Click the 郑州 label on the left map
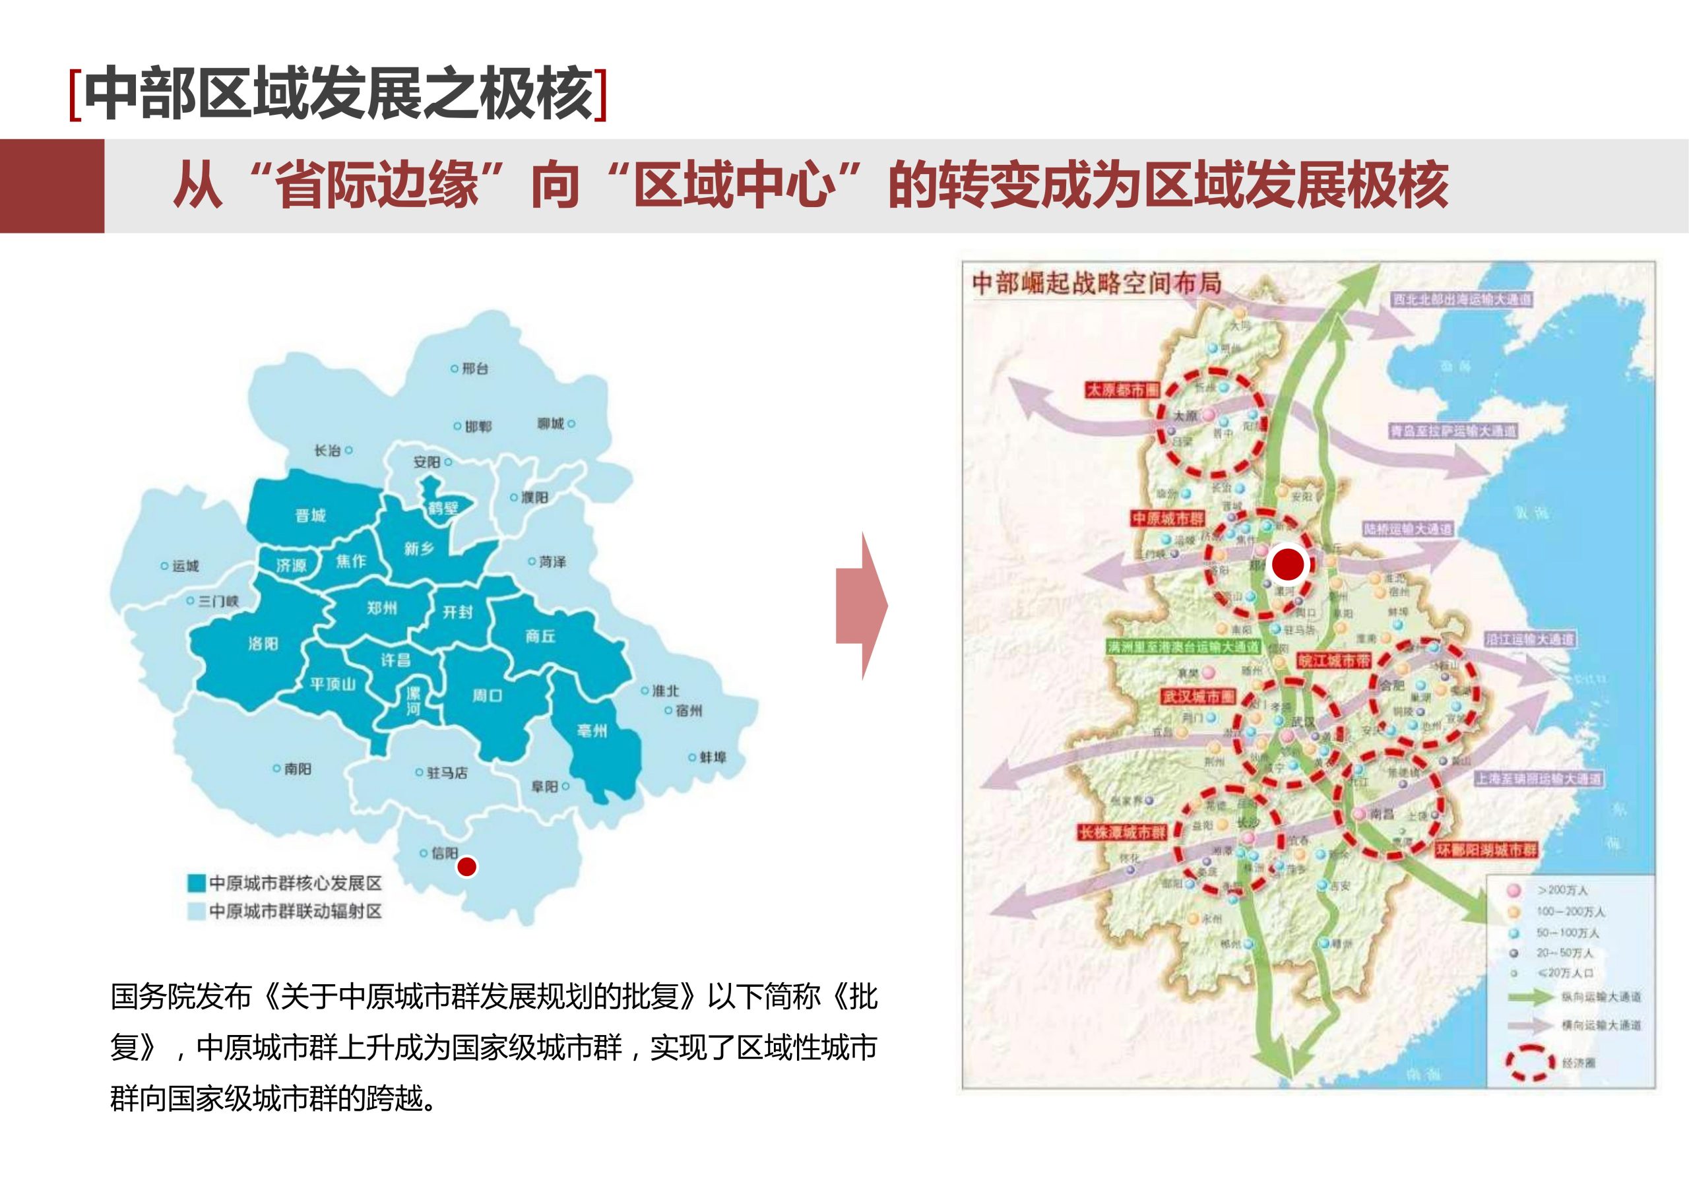(x=382, y=608)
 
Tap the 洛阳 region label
(x=263, y=644)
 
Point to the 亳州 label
(x=592, y=730)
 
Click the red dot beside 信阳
(x=466, y=867)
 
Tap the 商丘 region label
(x=540, y=637)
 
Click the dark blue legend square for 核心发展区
(x=196, y=883)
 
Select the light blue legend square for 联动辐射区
(x=196, y=912)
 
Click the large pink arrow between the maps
(x=862, y=607)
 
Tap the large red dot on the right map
(x=1288, y=564)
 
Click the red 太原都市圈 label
(x=1122, y=390)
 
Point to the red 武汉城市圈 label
(x=1197, y=697)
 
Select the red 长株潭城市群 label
(x=1122, y=833)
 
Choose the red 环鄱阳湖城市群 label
(x=1486, y=850)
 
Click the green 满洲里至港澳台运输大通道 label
(x=1183, y=647)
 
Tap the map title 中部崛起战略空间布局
(x=1096, y=283)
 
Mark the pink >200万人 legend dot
(x=1514, y=890)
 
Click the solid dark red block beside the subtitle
(x=52, y=186)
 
